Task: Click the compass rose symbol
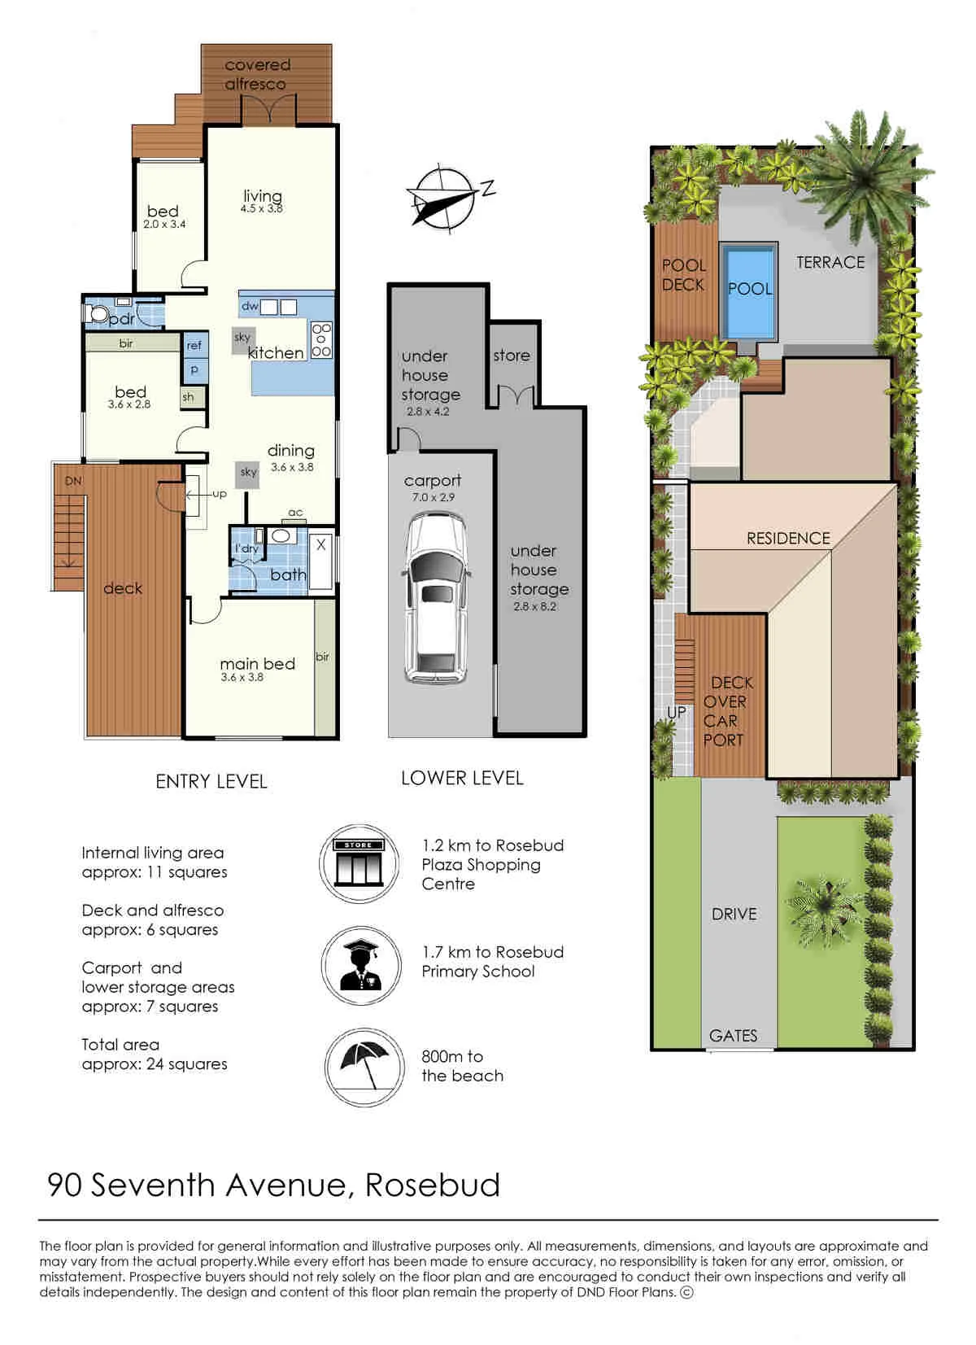446,199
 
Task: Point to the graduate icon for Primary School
360,966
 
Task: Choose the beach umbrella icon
364,1068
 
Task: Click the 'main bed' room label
258,663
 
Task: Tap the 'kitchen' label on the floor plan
276,352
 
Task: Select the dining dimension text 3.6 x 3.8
292,466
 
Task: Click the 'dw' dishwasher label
249,306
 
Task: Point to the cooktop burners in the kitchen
321,340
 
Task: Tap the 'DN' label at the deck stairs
73,481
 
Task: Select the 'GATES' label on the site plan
733,1035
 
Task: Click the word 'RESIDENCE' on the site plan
788,538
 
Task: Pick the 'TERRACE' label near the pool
830,262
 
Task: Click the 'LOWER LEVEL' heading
462,778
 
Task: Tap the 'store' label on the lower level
512,355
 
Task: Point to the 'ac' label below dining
295,512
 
